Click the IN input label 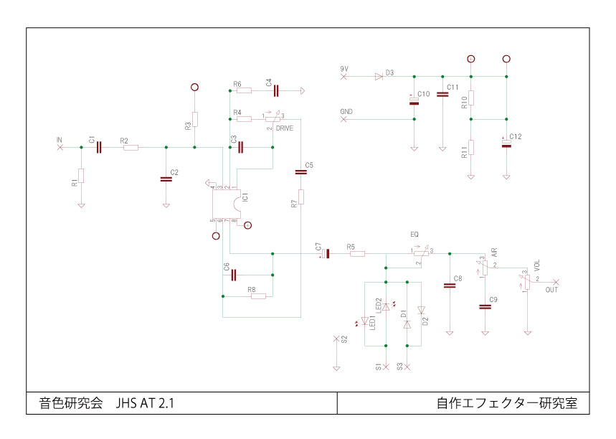point(60,138)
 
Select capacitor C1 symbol point(99,147)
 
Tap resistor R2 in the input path point(130,147)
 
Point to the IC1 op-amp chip point(229,203)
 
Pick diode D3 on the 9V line point(379,77)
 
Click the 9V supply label point(344,68)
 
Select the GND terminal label point(346,112)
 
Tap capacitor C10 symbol point(414,101)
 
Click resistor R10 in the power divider point(471,98)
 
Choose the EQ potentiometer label point(414,235)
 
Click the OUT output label point(551,291)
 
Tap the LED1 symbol point(365,321)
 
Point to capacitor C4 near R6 point(275,90)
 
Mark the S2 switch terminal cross point(336,338)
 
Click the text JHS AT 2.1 point(145,404)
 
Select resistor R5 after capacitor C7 point(356,253)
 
